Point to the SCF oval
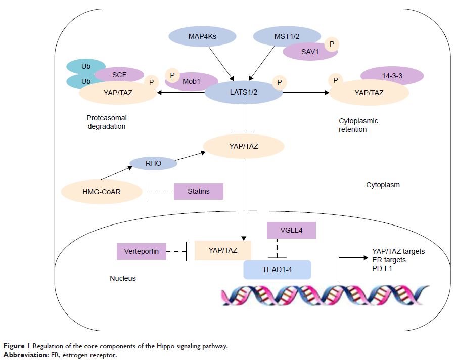pos(119,74)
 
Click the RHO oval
pos(153,163)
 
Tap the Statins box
pos(199,191)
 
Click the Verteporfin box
pos(142,251)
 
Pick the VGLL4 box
pos(291,230)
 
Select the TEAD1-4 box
pos(277,269)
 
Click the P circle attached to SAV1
pos(332,43)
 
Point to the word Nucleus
pos(123,278)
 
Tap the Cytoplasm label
pos(383,185)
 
